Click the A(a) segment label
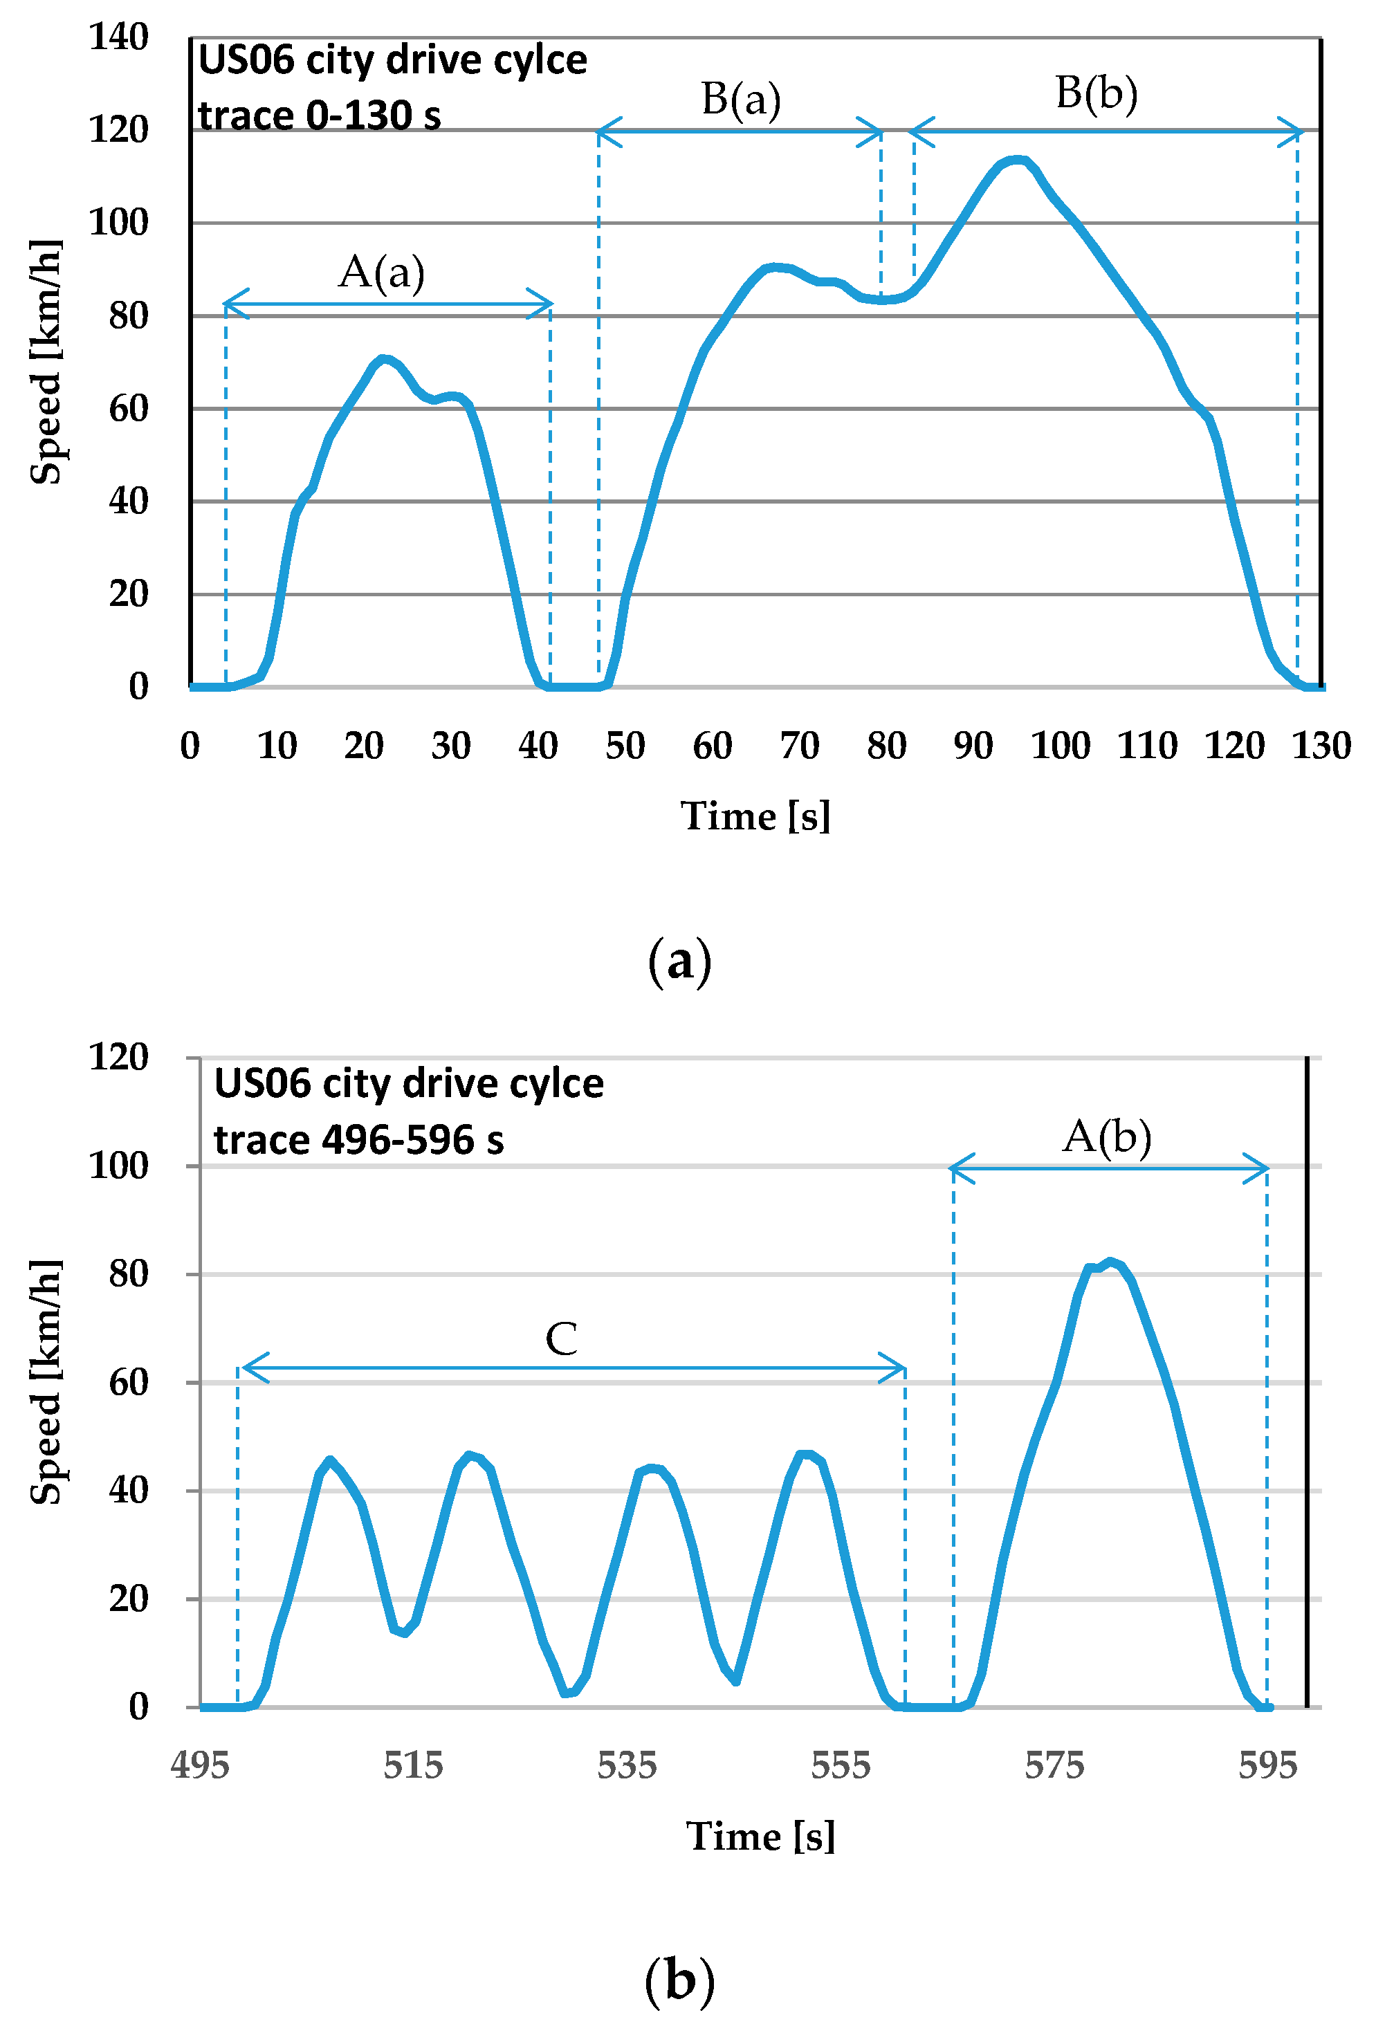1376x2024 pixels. (x=381, y=273)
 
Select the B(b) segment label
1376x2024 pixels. (x=1096, y=93)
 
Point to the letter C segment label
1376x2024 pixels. (x=561, y=1338)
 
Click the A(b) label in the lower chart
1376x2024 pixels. (x=1106, y=1137)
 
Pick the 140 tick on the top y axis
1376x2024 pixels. (x=119, y=37)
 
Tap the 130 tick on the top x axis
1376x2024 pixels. (x=1320, y=746)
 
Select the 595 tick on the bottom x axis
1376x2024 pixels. (x=1267, y=1765)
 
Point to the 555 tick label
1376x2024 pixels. (x=841, y=1765)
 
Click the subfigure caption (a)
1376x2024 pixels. (x=679, y=962)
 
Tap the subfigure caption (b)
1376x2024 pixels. (x=679, y=1980)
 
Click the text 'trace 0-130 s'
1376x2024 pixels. (x=319, y=116)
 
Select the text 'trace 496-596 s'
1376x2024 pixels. (x=359, y=1140)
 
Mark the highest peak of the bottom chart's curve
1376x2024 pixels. (x=1110, y=1262)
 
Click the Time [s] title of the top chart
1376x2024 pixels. (x=755, y=817)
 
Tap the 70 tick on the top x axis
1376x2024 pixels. (x=798, y=746)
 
